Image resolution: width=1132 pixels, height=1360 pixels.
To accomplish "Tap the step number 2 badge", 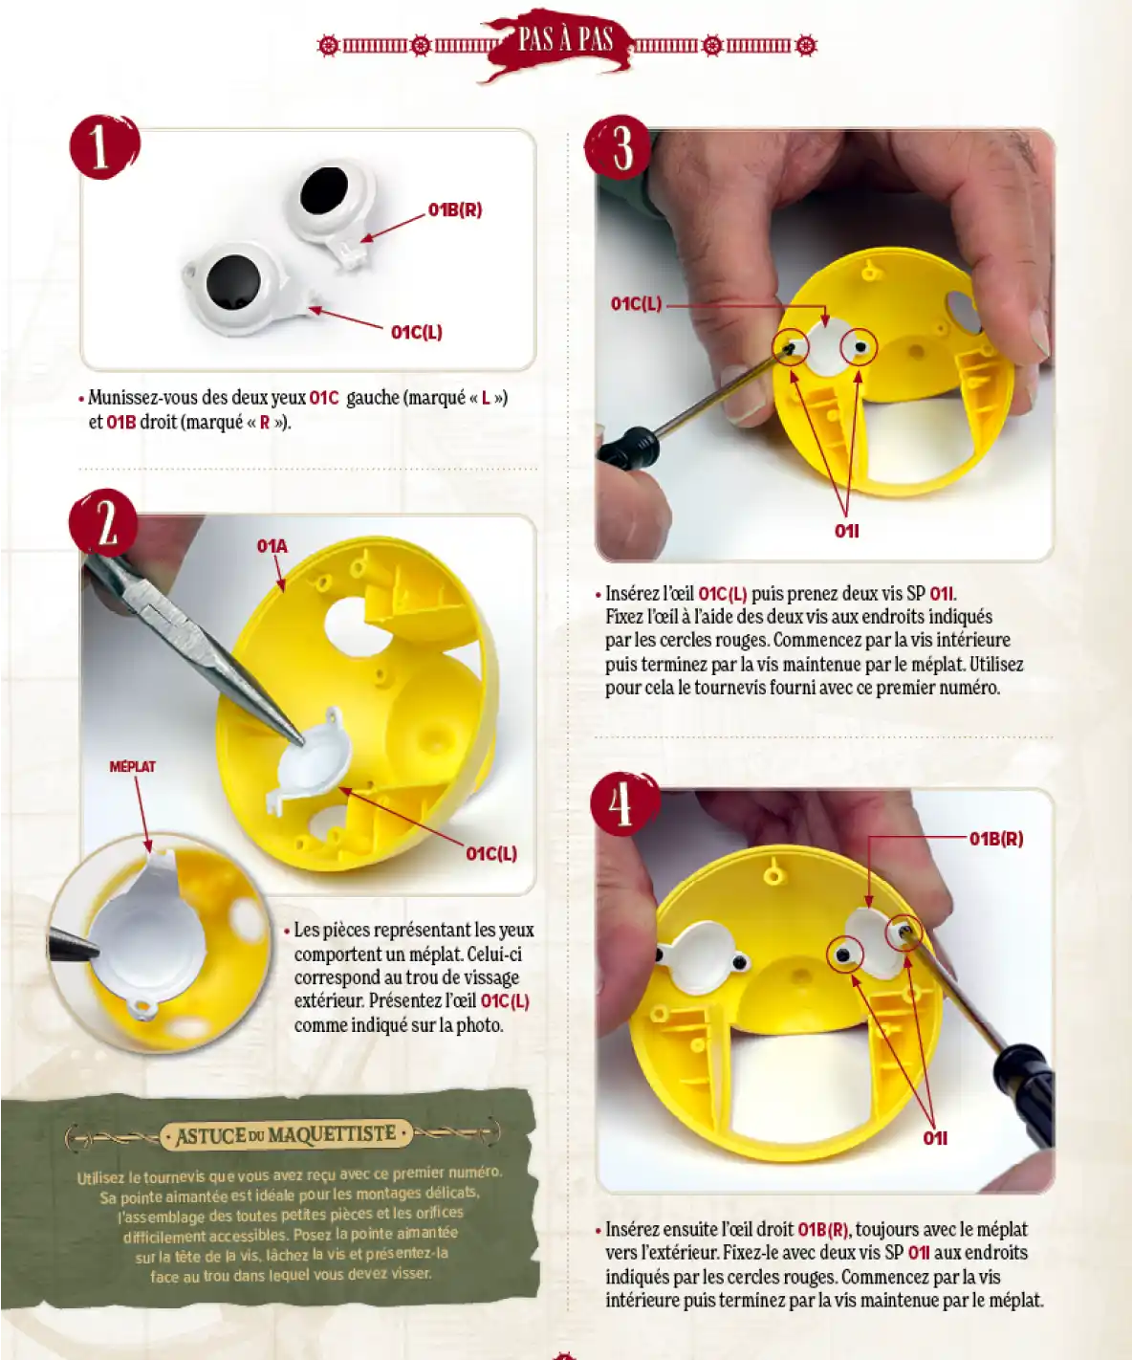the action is [104, 524].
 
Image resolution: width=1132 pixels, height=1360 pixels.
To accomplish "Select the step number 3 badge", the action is [619, 148].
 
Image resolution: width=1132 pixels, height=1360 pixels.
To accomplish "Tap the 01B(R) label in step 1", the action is [455, 210].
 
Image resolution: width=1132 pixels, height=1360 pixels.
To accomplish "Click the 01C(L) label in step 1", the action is [416, 332].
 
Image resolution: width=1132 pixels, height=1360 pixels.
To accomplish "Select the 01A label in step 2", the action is [272, 546].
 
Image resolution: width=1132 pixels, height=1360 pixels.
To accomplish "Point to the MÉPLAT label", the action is [132, 767].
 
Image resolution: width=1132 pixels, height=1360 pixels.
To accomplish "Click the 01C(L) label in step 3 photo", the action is [637, 303].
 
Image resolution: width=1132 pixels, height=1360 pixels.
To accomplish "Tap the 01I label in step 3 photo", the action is [847, 532].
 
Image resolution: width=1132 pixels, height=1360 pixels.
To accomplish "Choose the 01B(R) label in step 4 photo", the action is [996, 839].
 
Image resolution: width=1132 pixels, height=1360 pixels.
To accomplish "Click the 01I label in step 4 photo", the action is [935, 1138].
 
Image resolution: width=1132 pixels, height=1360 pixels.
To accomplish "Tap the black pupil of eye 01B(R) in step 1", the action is [324, 190].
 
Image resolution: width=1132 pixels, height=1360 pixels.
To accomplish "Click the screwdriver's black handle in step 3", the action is [627, 446].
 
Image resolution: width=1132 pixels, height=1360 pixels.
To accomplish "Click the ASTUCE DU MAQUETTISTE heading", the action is [285, 1134].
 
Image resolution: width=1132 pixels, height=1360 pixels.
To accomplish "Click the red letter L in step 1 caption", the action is [486, 398].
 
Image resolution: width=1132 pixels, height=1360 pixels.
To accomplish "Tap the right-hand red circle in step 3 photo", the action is [860, 348].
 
